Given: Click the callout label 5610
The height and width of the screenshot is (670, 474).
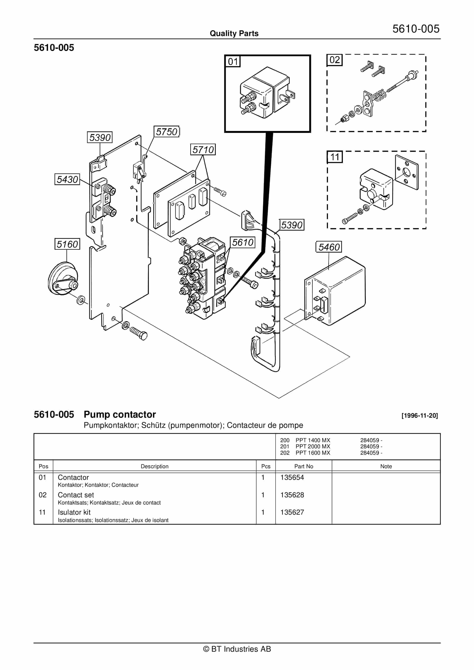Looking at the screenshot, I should tap(243, 242).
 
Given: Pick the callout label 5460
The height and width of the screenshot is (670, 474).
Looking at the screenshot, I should tap(329, 247).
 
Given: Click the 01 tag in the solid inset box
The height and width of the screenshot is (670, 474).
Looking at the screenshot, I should tap(233, 61).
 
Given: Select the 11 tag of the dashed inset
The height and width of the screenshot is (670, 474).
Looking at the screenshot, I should tap(334, 157).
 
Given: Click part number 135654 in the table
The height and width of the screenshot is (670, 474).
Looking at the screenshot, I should tap(292, 477).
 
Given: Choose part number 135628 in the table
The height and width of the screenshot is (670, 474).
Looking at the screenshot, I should tap(292, 495).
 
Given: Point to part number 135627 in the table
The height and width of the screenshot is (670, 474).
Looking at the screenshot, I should tap(292, 512).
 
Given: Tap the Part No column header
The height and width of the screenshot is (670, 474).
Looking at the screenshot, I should tap(304, 466).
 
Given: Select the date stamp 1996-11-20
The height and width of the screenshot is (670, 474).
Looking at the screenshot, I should tap(419, 415).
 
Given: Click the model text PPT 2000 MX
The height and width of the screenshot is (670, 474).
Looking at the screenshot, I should tap(313, 446).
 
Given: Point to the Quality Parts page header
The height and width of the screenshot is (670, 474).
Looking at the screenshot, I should tap(234, 33).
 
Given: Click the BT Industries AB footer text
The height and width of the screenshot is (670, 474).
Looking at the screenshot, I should tap(237, 649).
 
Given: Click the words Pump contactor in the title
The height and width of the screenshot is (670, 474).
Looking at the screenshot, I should tap(120, 414).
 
